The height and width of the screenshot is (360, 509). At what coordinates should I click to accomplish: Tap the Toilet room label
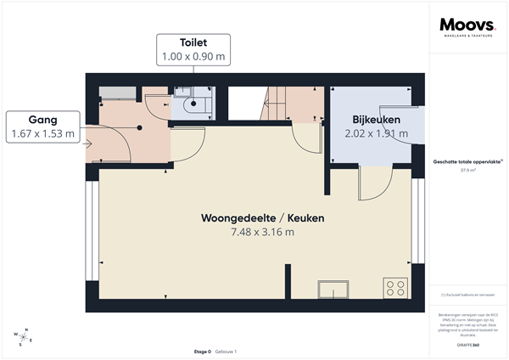pos(193,41)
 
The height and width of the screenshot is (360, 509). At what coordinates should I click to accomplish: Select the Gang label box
pos(42,127)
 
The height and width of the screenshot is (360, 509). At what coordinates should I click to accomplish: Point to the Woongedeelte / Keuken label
pos(262,218)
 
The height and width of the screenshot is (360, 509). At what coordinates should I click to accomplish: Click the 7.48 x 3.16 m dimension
pos(262,232)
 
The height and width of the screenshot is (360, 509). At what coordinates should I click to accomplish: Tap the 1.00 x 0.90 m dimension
pos(193,56)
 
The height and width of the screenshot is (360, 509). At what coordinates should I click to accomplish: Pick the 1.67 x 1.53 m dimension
pos(42,134)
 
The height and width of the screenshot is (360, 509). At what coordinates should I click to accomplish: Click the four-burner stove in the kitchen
pos(394,287)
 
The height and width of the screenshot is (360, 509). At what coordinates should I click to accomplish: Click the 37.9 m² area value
pos(467,170)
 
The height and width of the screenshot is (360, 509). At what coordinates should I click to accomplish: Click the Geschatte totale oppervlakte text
pos(467,161)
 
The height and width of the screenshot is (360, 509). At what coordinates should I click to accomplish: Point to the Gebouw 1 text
pos(225,352)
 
